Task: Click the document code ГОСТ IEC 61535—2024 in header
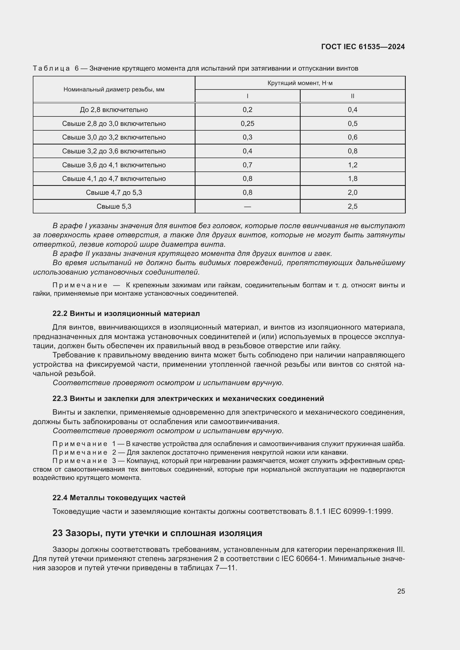coord(363,47)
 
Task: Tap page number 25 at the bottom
coord(401,591)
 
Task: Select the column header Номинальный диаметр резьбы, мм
coord(114,89)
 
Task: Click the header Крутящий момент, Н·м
coord(300,83)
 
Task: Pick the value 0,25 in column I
coord(247,123)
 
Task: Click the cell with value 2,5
coord(352,206)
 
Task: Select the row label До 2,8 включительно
coord(114,110)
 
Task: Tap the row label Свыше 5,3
coord(114,206)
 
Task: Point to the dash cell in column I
coord(247,207)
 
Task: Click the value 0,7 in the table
coord(247,165)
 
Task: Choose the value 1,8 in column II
coord(352,179)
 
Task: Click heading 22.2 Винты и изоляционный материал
coord(126,313)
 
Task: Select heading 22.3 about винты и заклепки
coord(188,399)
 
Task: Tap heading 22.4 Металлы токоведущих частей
coord(119,498)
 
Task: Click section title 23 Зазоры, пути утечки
coord(157,533)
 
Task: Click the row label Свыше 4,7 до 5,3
coord(114,193)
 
